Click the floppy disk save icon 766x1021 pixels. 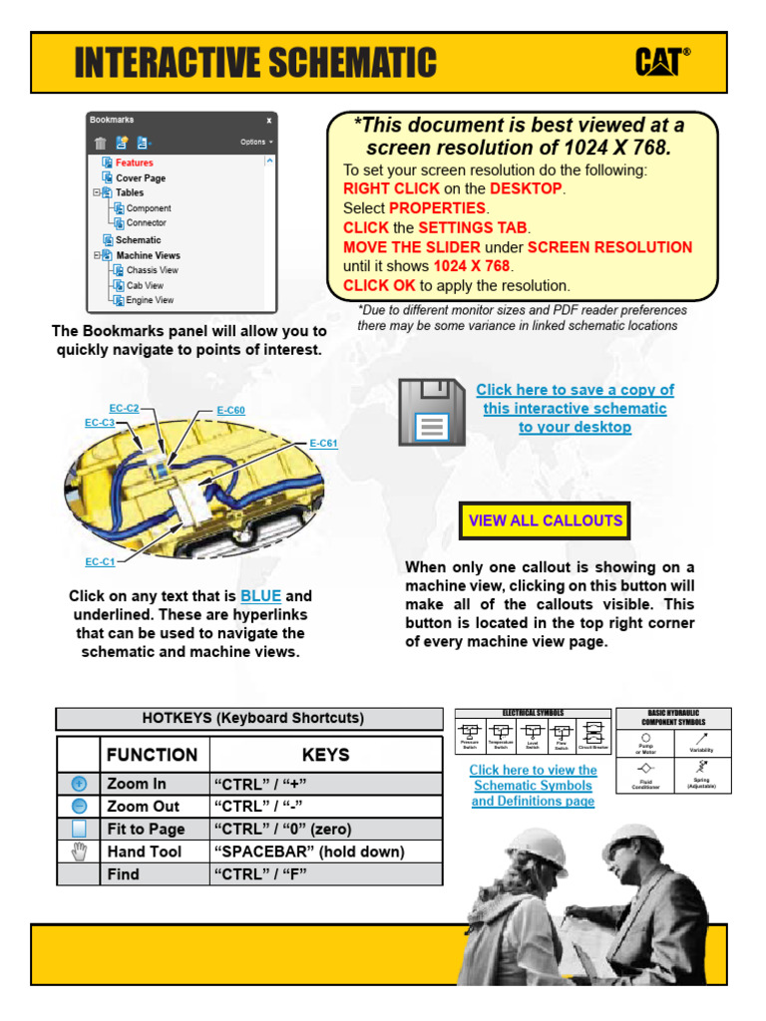(432, 412)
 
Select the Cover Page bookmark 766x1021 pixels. (141, 177)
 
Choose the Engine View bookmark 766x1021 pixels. (150, 300)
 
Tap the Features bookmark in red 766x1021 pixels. (134, 163)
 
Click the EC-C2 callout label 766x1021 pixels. (124, 408)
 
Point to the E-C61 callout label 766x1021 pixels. (323, 444)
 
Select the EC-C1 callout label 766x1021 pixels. (100, 562)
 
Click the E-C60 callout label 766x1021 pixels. (230, 410)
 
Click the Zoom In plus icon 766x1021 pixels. (79, 784)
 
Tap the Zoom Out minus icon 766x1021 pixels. (79, 807)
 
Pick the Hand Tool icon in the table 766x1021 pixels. (79, 851)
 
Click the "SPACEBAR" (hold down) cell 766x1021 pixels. (309, 851)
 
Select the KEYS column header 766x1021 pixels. (325, 755)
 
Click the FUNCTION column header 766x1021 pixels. (153, 755)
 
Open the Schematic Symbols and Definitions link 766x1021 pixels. (533, 786)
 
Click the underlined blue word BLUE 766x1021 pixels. (261, 596)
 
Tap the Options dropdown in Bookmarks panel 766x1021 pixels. (256, 142)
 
